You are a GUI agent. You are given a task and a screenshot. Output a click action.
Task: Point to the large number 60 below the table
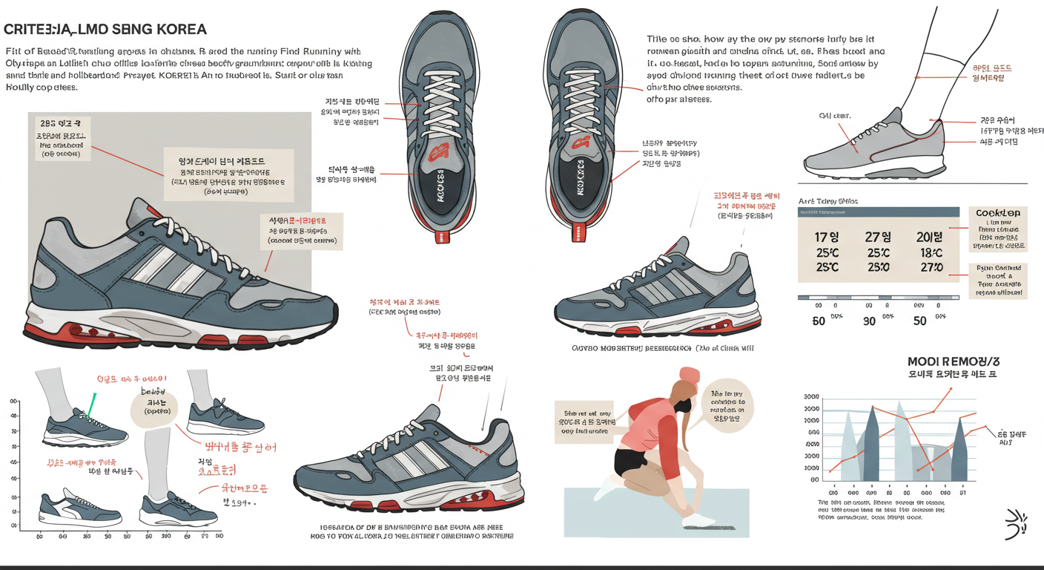point(819,321)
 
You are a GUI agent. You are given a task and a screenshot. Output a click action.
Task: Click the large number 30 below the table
point(869,321)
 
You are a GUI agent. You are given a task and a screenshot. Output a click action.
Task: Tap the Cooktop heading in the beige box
point(997,213)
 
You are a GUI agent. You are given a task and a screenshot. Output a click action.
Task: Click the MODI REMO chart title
point(953,361)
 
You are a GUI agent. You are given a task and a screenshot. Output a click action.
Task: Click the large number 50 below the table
point(919,321)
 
